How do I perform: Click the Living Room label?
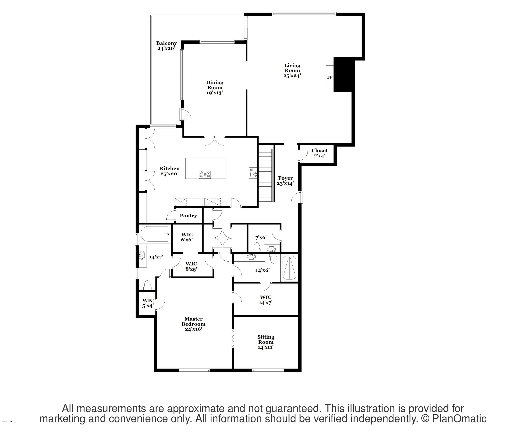pyautogui.click(x=292, y=70)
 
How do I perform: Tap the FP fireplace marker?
pyautogui.click(x=330, y=77)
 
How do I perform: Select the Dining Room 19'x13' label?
pyautogui.click(x=215, y=87)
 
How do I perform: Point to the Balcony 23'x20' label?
pyautogui.click(x=166, y=46)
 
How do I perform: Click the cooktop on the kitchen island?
pyautogui.click(x=205, y=175)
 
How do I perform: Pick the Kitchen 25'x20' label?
pyautogui.click(x=170, y=171)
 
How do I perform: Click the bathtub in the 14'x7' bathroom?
pyautogui.click(x=154, y=234)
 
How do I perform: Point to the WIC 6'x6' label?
pyautogui.click(x=187, y=237)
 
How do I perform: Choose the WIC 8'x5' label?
pyautogui.click(x=191, y=266)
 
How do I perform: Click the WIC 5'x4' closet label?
pyautogui.click(x=148, y=303)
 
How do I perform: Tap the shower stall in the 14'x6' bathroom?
pyautogui.click(x=289, y=268)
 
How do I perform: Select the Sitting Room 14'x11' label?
pyautogui.click(x=266, y=342)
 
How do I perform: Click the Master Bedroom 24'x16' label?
pyautogui.click(x=193, y=324)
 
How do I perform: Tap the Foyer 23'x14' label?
pyautogui.click(x=285, y=181)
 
